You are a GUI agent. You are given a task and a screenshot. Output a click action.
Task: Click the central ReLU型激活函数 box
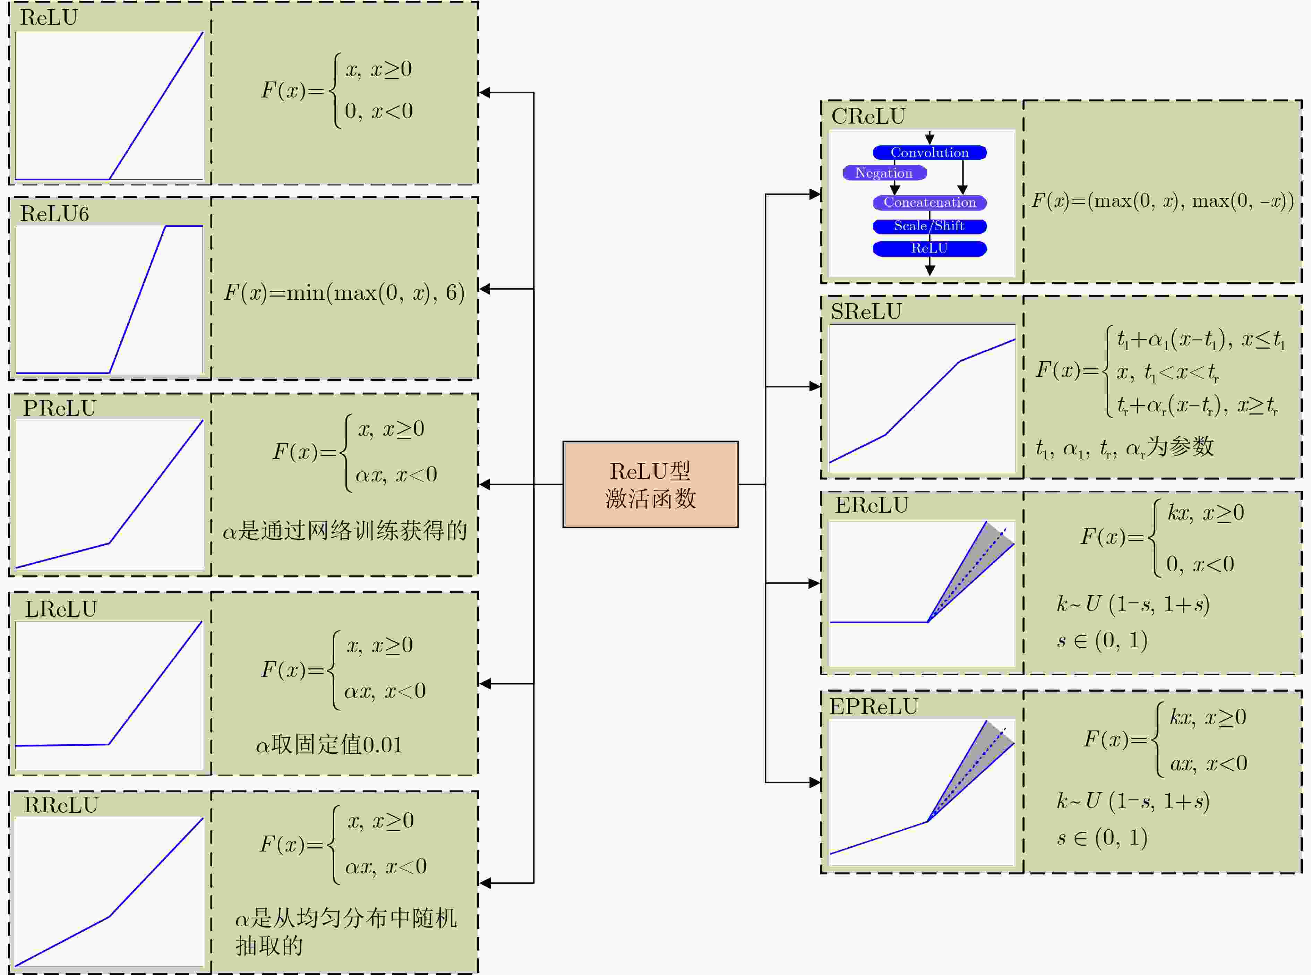point(650,484)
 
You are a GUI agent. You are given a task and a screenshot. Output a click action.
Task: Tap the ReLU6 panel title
point(54,214)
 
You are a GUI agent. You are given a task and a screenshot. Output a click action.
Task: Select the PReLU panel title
point(60,408)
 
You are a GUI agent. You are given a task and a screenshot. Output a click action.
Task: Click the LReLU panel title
point(61,608)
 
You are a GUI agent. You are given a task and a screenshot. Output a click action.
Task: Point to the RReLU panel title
point(61,804)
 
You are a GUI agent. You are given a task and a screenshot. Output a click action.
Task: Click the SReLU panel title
point(866,311)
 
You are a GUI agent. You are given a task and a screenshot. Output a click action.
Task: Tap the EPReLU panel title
point(874,707)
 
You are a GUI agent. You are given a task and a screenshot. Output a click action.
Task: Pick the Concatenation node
point(930,203)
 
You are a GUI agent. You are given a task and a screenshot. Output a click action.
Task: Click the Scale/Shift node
point(930,226)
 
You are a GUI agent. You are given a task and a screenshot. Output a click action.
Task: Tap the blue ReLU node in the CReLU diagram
point(930,248)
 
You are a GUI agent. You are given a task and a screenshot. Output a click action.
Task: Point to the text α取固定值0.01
point(329,744)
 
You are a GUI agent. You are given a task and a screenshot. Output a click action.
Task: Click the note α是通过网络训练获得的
point(344,530)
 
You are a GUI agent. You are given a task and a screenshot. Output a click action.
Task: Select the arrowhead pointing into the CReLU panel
point(815,194)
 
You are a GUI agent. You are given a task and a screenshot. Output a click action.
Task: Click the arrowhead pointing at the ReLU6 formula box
point(485,289)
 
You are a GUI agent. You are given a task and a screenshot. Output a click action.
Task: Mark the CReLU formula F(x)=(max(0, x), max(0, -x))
point(1162,201)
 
